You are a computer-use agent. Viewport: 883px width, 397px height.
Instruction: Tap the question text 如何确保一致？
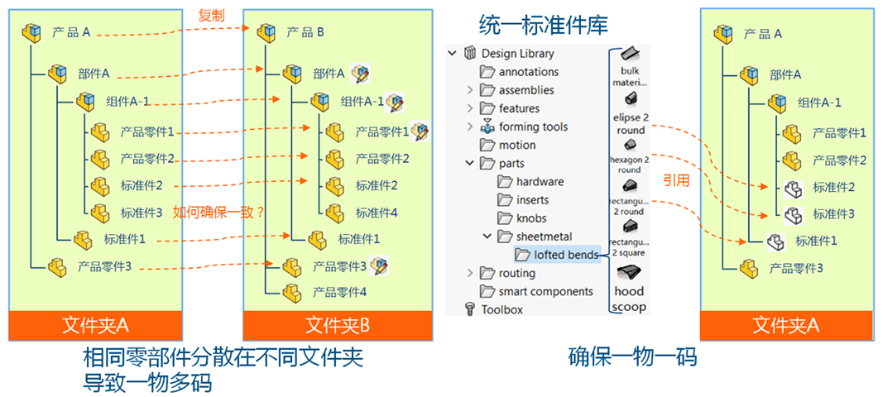[x=218, y=212]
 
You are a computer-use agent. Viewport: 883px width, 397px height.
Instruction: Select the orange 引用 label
[x=676, y=180]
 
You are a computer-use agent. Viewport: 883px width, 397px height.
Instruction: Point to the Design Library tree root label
[x=518, y=54]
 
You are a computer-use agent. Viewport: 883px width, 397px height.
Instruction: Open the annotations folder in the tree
[x=528, y=72]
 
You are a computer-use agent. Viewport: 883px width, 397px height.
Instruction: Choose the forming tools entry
[x=533, y=127]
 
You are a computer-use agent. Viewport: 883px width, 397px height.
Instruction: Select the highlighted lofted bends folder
[x=565, y=255]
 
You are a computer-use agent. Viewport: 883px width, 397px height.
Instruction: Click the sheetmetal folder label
[x=544, y=237]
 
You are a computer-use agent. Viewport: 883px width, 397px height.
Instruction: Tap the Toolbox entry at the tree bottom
[x=502, y=309]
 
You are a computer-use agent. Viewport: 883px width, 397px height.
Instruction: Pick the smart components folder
[x=545, y=291]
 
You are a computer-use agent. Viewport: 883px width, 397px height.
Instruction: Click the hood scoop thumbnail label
[x=629, y=299]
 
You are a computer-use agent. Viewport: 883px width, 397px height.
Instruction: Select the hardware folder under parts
[x=540, y=182]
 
